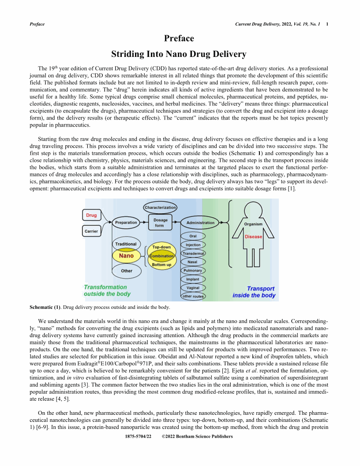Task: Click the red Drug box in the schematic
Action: tap(91, 215)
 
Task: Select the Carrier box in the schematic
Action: tap(91, 231)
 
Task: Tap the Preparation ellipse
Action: tap(126, 223)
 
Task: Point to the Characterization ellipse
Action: tap(161, 207)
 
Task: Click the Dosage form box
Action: tap(161, 223)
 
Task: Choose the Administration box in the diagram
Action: tap(200, 223)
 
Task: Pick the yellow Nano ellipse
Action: tap(126, 256)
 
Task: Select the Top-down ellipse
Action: tap(161, 247)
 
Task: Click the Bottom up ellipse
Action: tap(161, 265)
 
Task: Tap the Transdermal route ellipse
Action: tap(193, 253)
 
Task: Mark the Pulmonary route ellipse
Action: tap(193, 271)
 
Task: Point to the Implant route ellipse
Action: tap(193, 279)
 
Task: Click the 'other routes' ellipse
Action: tap(193, 296)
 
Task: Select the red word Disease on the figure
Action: tap(253, 237)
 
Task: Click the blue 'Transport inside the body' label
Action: tap(254, 292)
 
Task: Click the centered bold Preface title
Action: tap(179, 38)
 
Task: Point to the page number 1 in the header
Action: tap(327, 24)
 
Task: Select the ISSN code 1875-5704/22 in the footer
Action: tap(139, 436)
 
